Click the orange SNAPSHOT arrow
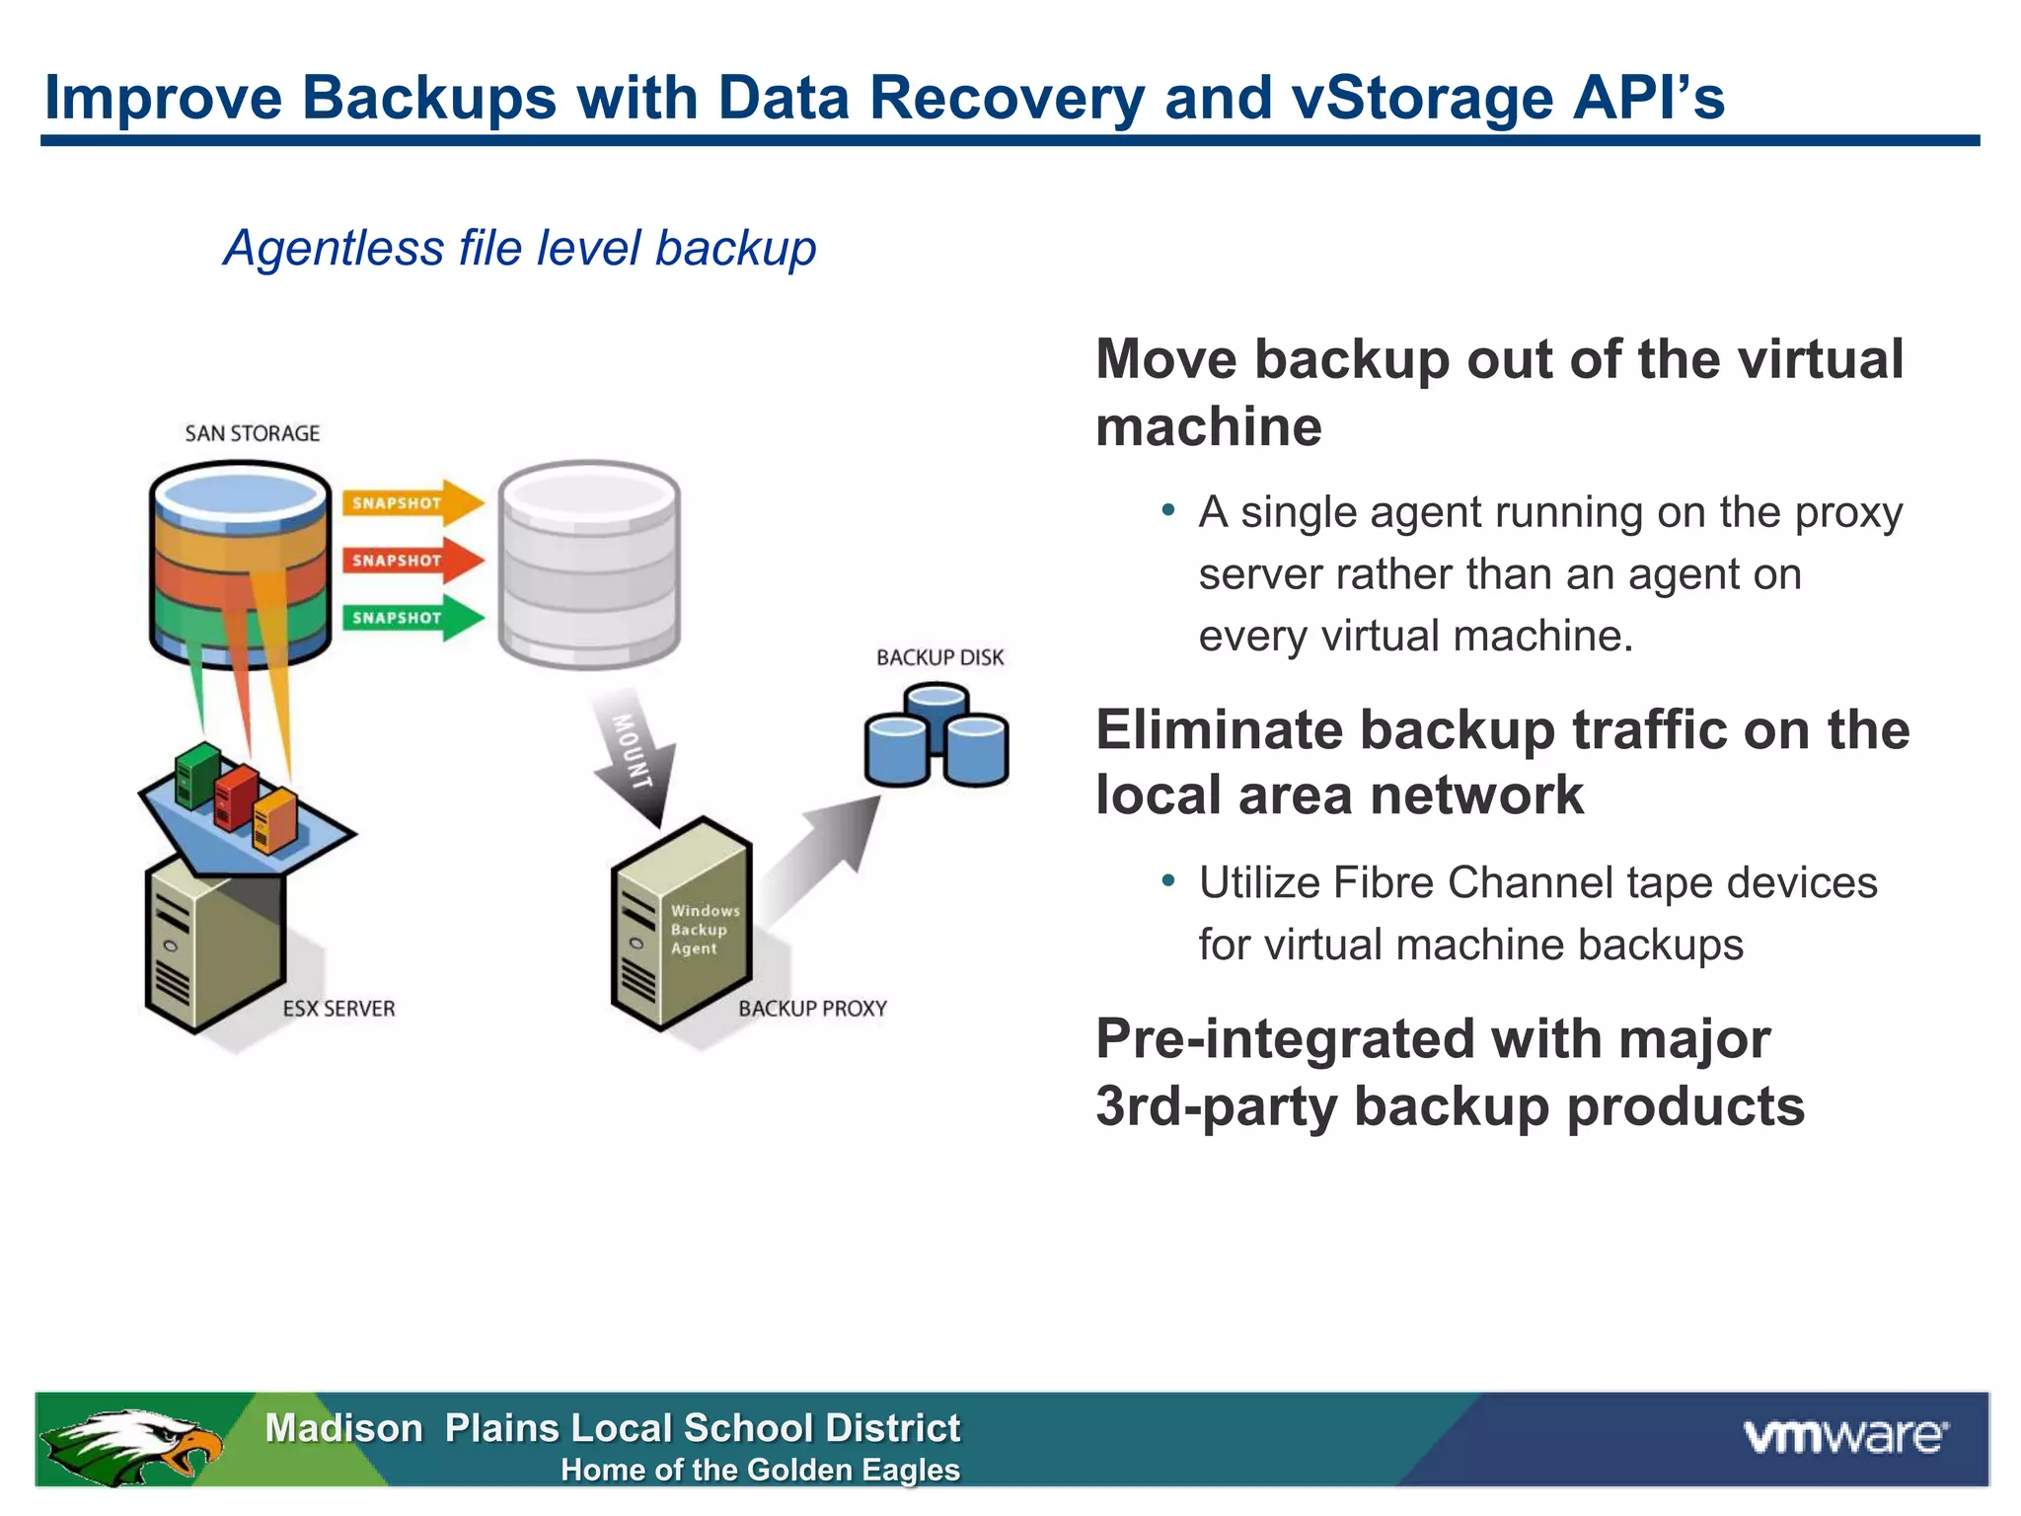(x=410, y=503)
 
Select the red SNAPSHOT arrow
(x=410, y=561)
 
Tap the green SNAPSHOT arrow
(x=410, y=618)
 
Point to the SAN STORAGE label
(x=252, y=433)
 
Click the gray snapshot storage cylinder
(x=589, y=565)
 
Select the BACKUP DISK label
(x=939, y=657)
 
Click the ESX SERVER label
(x=338, y=1009)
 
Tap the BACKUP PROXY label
(x=812, y=1009)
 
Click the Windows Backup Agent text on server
(x=703, y=930)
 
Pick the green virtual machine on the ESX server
(x=196, y=773)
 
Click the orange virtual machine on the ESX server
(x=274, y=819)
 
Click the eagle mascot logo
(x=133, y=1444)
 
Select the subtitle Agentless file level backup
(x=519, y=248)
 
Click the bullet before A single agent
(x=1168, y=510)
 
